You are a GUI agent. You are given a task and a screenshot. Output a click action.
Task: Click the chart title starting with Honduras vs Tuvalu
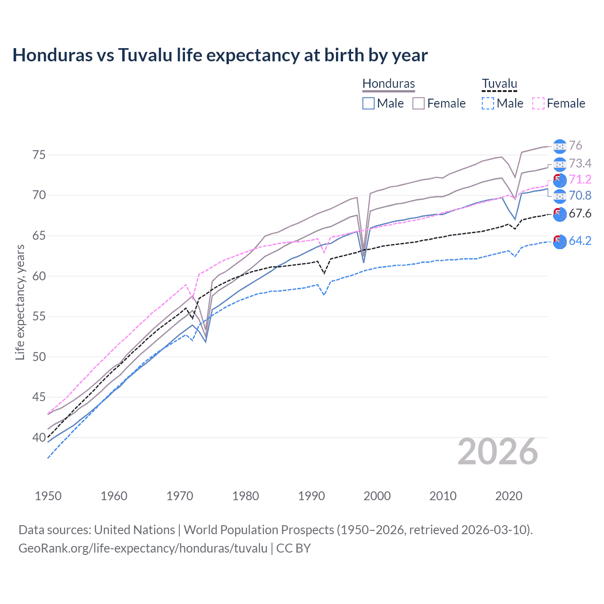tap(220, 55)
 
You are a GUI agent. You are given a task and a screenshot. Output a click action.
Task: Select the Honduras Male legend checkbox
tap(369, 103)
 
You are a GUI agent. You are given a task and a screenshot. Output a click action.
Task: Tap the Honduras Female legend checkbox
tap(419, 103)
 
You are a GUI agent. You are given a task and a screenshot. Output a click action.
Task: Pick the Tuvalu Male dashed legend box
tap(488, 103)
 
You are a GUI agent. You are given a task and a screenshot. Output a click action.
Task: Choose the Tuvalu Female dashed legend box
tap(538, 103)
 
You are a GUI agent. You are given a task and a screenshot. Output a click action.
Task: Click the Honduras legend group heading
tap(388, 84)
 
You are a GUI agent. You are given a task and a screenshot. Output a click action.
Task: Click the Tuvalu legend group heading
tap(499, 84)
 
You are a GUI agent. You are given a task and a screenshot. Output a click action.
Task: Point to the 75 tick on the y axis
tap(39, 155)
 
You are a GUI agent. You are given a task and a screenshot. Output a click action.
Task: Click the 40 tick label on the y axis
tap(39, 437)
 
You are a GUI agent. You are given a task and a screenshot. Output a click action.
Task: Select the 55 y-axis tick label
tap(39, 316)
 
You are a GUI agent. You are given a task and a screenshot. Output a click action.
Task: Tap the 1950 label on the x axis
tap(48, 496)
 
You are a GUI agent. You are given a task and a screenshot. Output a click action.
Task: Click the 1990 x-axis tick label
tap(311, 496)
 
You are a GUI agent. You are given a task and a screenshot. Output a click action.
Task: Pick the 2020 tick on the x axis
tap(509, 496)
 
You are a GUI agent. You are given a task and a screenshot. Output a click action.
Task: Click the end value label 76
tap(575, 146)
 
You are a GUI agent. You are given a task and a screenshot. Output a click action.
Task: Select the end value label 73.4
tap(580, 163)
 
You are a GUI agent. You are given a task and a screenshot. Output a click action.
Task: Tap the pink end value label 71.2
tap(580, 179)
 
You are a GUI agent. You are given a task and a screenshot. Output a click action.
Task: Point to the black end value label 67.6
tap(580, 214)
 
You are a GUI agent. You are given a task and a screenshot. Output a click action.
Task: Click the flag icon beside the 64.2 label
tap(560, 241)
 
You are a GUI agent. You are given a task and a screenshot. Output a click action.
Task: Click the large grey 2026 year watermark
tap(497, 452)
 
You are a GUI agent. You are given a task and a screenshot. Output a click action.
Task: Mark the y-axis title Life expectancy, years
tap(20, 302)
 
